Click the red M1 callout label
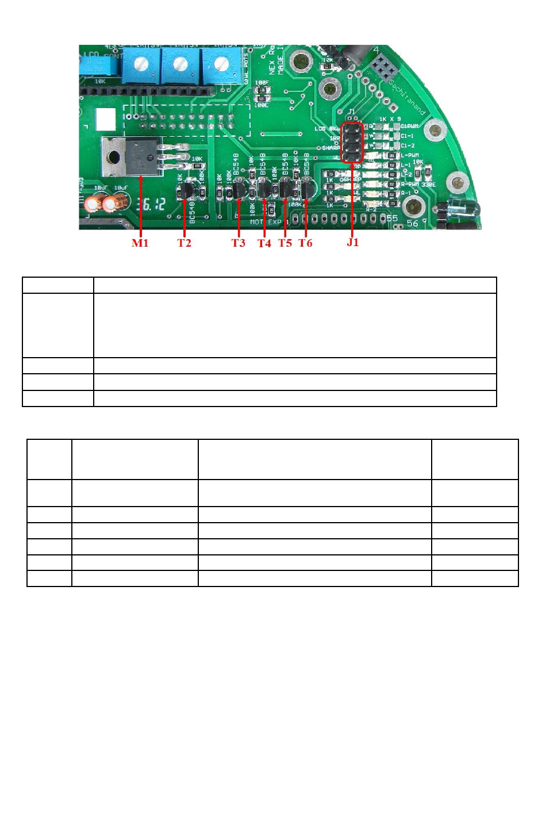tap(140, 243)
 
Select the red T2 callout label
tap(184, 243)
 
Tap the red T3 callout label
tap(238, 243)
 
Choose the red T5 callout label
tap(285, 243)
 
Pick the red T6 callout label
tap(305, 243)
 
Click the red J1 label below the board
tap(352, 242)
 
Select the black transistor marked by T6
tap(308, 189)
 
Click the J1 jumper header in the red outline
tap(352, 143)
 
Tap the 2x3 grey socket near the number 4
tap(383, 69)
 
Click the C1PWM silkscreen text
tap(409, 125)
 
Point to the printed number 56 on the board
tap(412, 223)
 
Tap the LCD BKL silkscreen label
tap(327, 128)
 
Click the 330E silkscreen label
tap(428, 185)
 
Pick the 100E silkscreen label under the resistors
tap(262, 105)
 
